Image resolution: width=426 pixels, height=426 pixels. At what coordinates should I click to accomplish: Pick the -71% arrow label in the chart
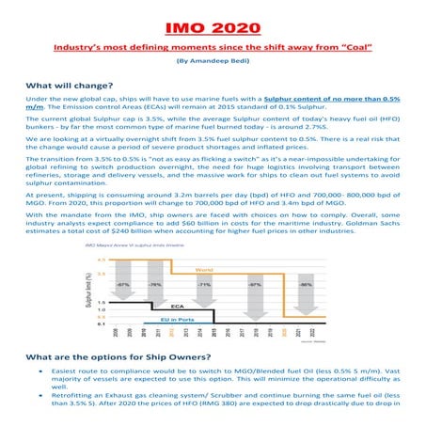pyautogui.click(x=228, y=283)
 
